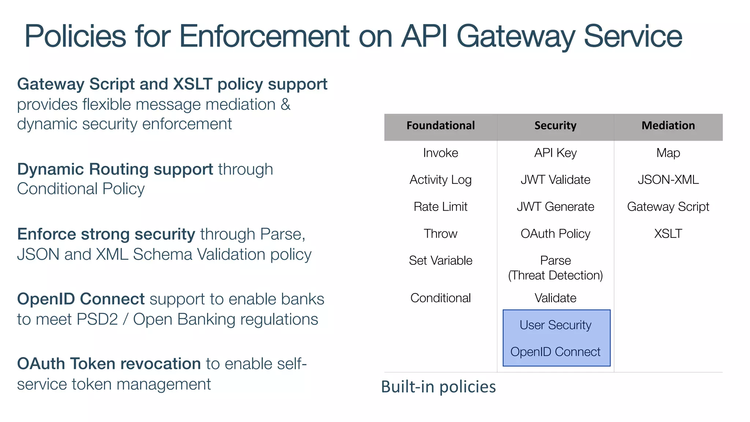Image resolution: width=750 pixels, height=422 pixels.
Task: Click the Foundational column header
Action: [x=441, y=126]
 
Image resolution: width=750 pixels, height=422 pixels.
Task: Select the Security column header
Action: [x=555, y=126]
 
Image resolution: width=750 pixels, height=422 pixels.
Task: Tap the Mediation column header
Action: [x=668, y=126]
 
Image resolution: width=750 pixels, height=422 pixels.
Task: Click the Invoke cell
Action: [x=441, y=153]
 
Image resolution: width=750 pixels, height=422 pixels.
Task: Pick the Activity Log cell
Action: [x=441, y=180]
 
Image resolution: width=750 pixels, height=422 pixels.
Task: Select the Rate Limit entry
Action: [x=441, y=207]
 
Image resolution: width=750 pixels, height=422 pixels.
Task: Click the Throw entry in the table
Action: [x=441, y=234]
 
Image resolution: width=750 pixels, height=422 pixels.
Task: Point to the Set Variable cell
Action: [x=441, y=260]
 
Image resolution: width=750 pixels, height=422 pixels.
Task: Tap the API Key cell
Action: [x=555, y=153]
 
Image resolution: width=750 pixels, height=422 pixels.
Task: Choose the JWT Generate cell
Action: [x=555, y=207]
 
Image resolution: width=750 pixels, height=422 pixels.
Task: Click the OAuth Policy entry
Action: [x=555, y=234]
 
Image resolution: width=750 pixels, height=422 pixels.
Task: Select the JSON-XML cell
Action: [x=668, y=180]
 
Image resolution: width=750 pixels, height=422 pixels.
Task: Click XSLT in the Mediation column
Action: [x=668, y=234]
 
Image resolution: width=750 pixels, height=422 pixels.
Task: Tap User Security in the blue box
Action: [x=555, y=325]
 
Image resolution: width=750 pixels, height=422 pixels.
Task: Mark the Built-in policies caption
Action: [x=438, y=387]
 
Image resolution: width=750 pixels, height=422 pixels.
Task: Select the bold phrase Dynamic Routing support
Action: [x=115, y=169]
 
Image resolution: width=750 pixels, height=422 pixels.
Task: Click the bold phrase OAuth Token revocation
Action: [x=109, y=364]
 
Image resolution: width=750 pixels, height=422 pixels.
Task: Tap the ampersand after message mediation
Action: [x=285, y=105]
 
